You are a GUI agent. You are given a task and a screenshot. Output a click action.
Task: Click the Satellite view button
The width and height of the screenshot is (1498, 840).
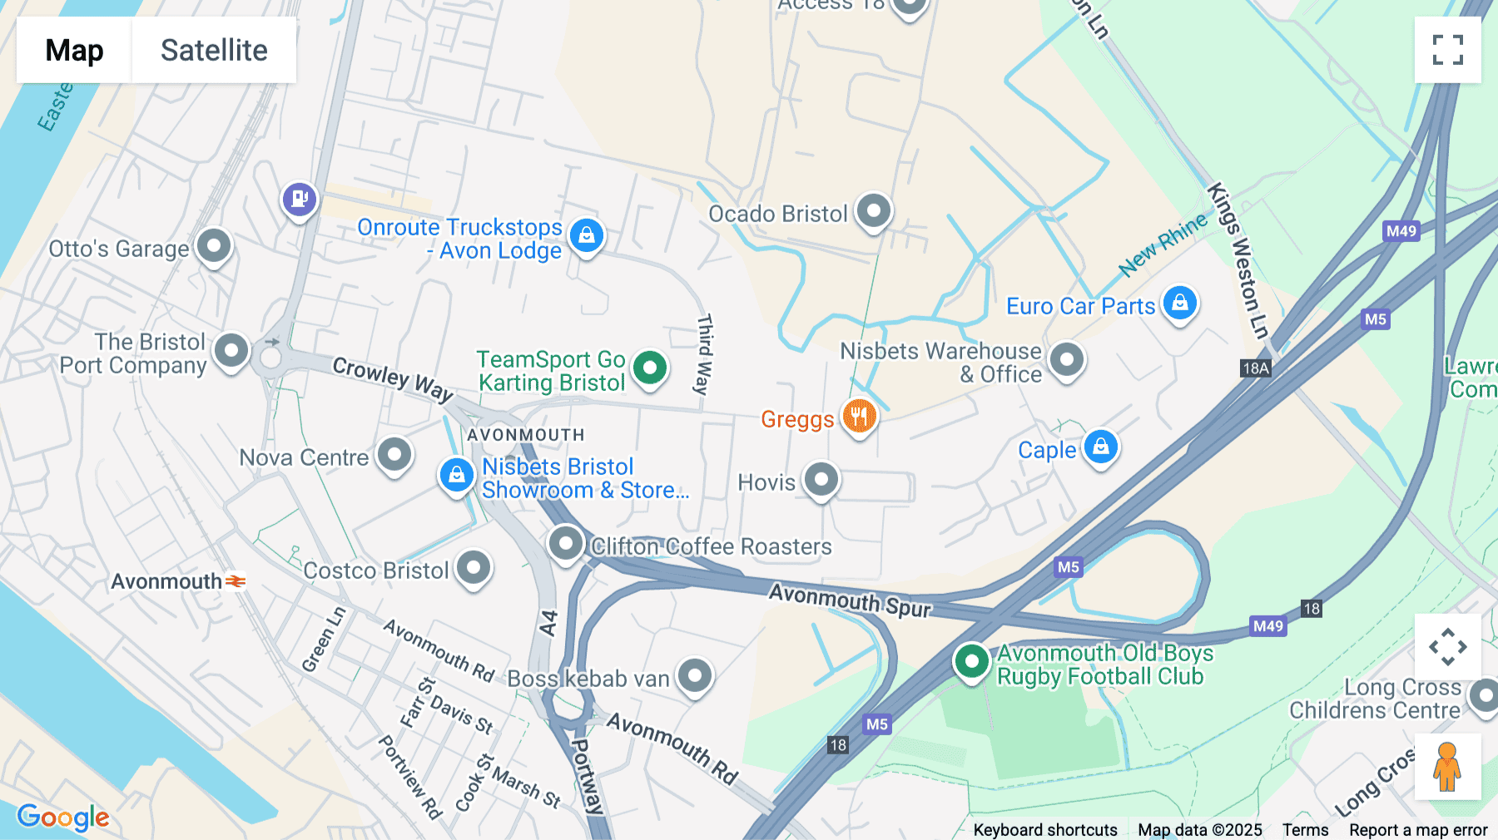[x=214, y=50]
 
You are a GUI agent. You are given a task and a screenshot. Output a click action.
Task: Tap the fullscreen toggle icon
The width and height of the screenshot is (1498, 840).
[x=1447, y=50]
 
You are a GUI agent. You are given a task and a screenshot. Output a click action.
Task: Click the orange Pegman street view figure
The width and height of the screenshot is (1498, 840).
[x=1447, y=766]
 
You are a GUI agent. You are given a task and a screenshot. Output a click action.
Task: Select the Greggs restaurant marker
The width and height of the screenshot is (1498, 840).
[x=859, y=415]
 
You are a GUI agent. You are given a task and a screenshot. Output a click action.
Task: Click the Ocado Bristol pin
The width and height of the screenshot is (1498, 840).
[x=873, y=211]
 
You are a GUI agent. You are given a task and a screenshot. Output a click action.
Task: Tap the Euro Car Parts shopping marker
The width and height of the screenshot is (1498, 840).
[x=1179, y=304]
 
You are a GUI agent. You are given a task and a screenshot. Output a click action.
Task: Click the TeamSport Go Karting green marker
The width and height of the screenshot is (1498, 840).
[x=649, y=368]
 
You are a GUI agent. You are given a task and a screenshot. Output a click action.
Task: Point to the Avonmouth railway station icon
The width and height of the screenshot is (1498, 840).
[x=236, y=581]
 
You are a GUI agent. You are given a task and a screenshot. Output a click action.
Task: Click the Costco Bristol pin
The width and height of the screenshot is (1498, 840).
[x=474, y=568]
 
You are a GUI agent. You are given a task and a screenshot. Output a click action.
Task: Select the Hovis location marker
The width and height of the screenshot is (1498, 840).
[x=821, y=480]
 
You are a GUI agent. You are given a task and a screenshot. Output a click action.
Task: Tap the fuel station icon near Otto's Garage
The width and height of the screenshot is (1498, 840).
[x=300, y=200]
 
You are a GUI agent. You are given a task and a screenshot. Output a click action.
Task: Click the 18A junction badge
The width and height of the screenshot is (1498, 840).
[x=1255, y=368]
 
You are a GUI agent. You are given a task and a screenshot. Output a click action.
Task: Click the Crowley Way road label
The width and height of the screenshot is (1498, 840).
[x=393, y=378]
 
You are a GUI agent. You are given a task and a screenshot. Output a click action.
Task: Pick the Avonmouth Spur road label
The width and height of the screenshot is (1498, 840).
[x=849, y=600]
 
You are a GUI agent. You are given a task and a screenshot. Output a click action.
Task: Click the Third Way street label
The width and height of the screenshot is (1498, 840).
[x=704, y=354]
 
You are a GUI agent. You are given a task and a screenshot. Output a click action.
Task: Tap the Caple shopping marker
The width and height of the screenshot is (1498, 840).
[x=1100, y=447]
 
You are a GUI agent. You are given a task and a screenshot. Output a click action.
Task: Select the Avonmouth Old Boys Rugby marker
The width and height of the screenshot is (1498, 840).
[x=970, y=662]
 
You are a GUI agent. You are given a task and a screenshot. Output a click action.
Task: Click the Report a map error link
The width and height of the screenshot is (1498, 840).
[x=1417, y=830]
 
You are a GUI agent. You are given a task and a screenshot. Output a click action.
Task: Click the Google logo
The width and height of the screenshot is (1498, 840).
[x=63, y=817]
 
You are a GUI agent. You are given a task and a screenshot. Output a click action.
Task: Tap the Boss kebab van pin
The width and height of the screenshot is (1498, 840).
[x=694, y=676]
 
